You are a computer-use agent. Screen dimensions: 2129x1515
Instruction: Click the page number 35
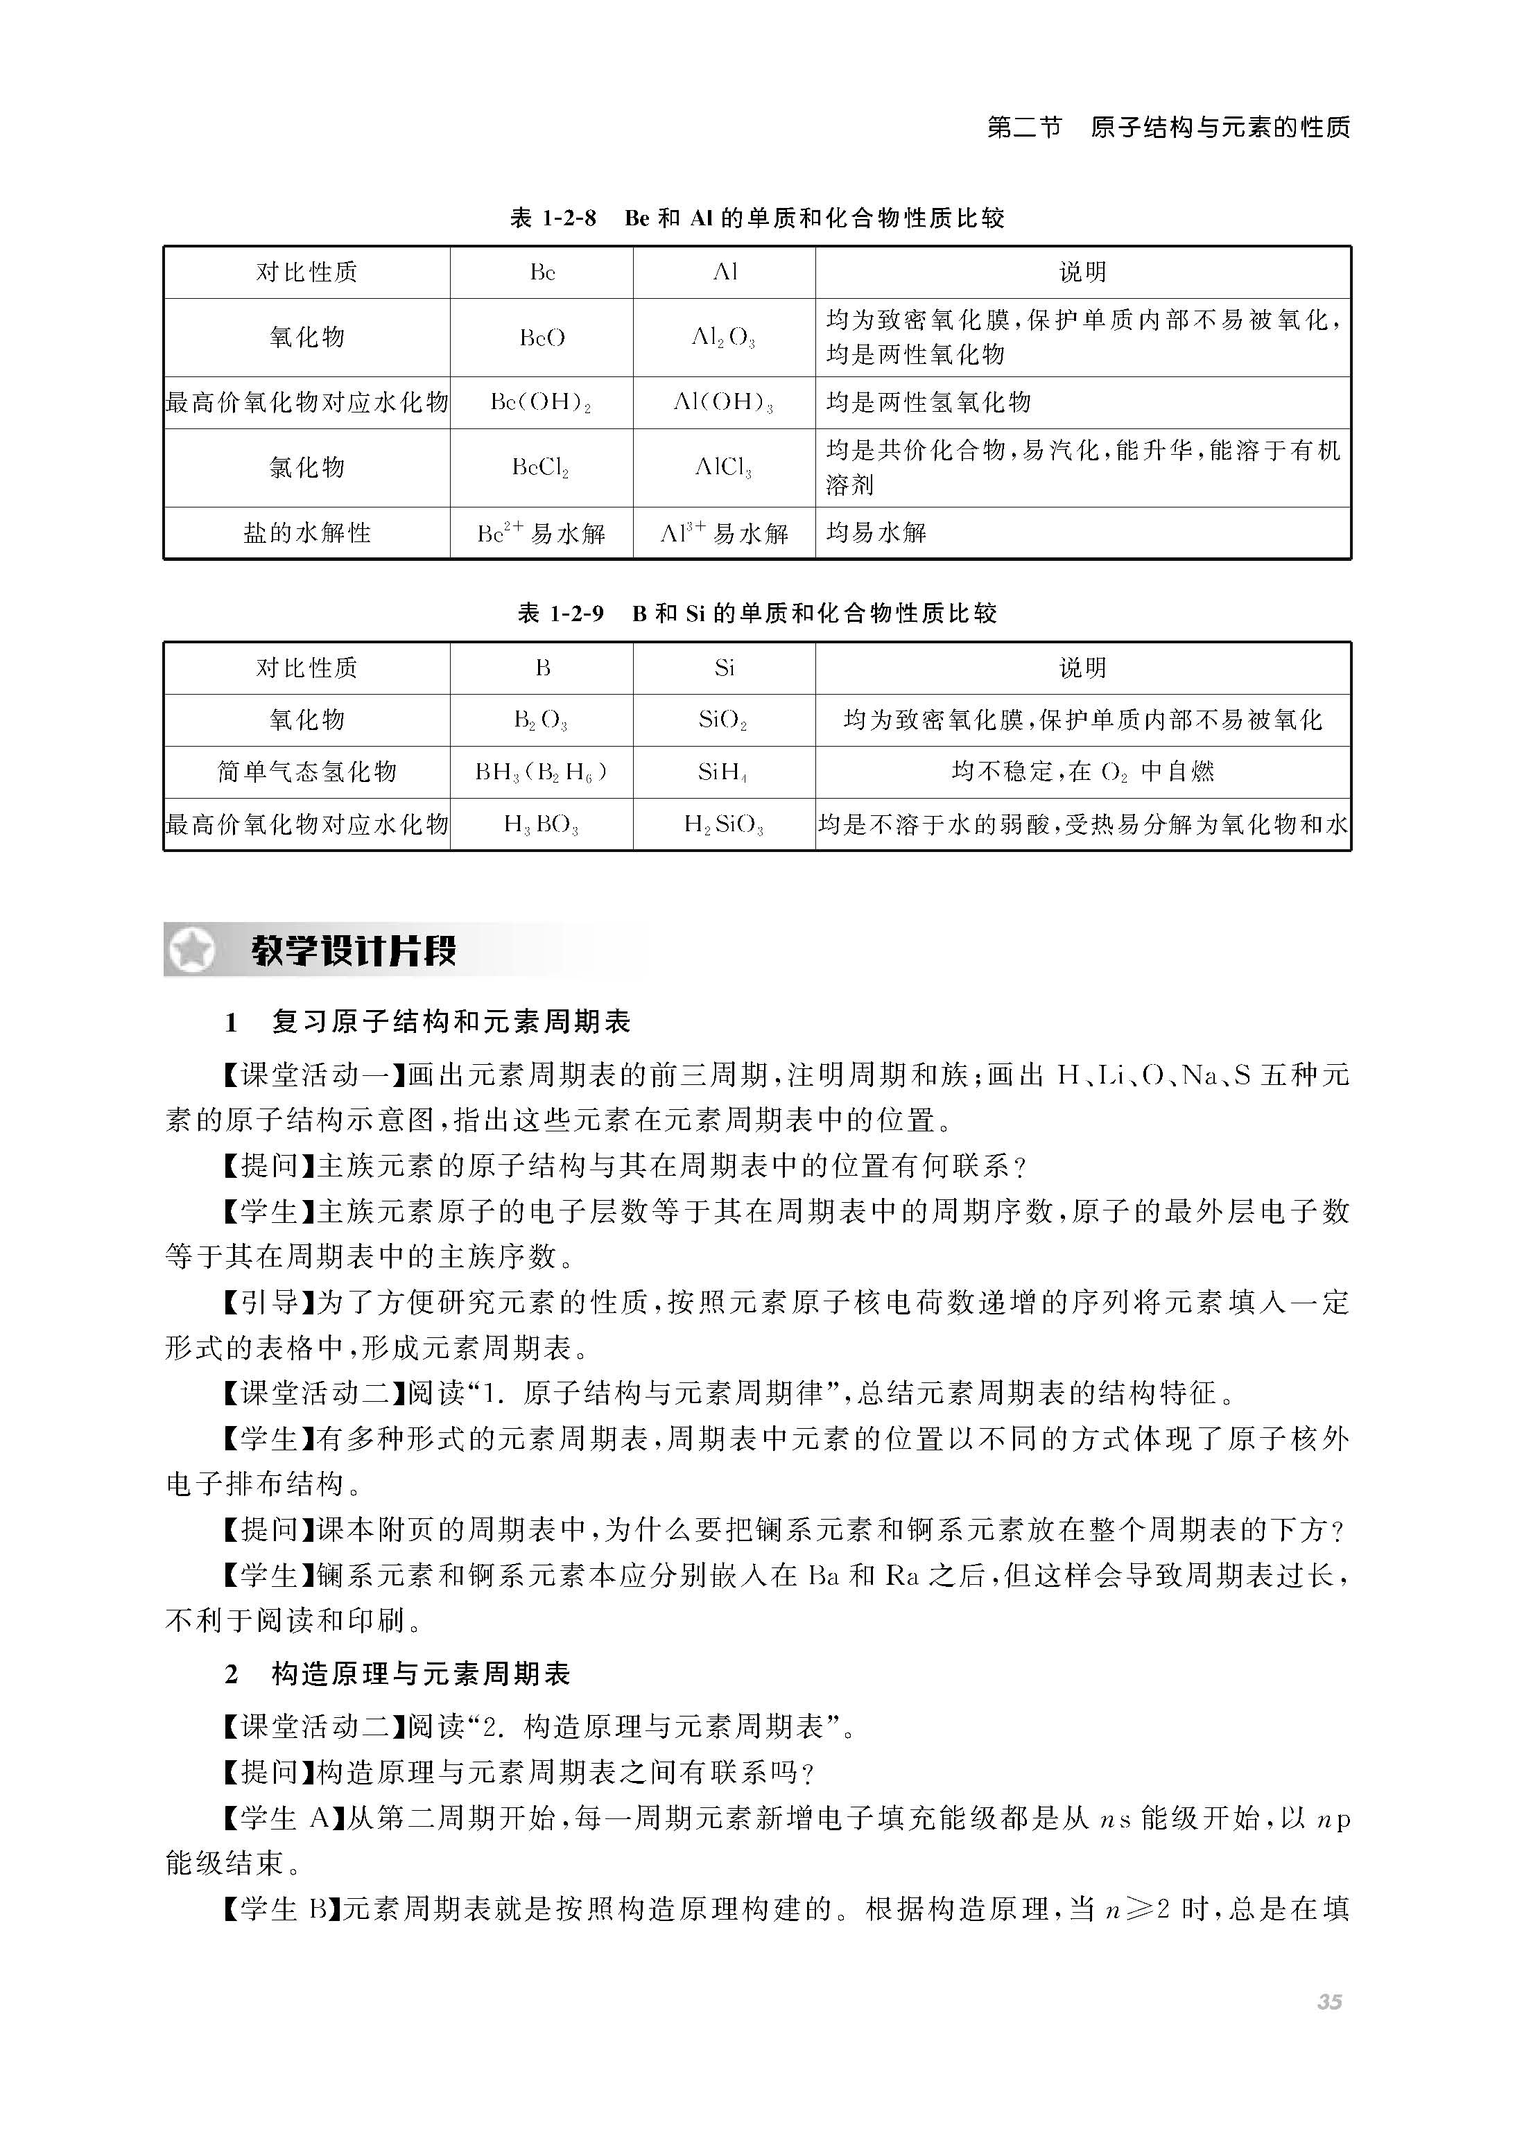[1328, 2001]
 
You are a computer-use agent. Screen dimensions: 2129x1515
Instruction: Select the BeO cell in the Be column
[542, 338]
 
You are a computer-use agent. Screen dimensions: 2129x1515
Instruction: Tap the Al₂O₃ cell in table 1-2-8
[724, 338]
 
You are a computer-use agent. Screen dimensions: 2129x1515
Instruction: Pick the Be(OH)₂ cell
[542, 403]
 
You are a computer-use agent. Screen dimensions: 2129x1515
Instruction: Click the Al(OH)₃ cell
[724, 403]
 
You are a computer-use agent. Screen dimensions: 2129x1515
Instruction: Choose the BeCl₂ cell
[542, 467]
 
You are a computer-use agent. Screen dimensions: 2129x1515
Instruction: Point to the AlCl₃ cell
[724, 467]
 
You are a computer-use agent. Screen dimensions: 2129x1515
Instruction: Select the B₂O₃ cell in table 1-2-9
[542, 720]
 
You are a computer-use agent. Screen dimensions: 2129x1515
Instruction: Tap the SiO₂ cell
[724, 720]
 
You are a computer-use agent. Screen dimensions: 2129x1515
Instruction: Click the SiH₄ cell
[724, 772]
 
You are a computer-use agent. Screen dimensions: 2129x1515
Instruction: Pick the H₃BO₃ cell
[542, 824]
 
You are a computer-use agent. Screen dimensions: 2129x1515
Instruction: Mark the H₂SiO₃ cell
[724, 824]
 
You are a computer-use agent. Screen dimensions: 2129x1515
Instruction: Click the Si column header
[724, 668]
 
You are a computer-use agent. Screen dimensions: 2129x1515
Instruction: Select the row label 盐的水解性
[307, 533]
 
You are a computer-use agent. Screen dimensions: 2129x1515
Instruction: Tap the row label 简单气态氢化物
[307, 772]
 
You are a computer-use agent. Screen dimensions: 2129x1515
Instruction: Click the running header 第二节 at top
[1024, 128]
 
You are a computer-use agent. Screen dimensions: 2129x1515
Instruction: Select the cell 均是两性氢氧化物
[929, 403]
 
